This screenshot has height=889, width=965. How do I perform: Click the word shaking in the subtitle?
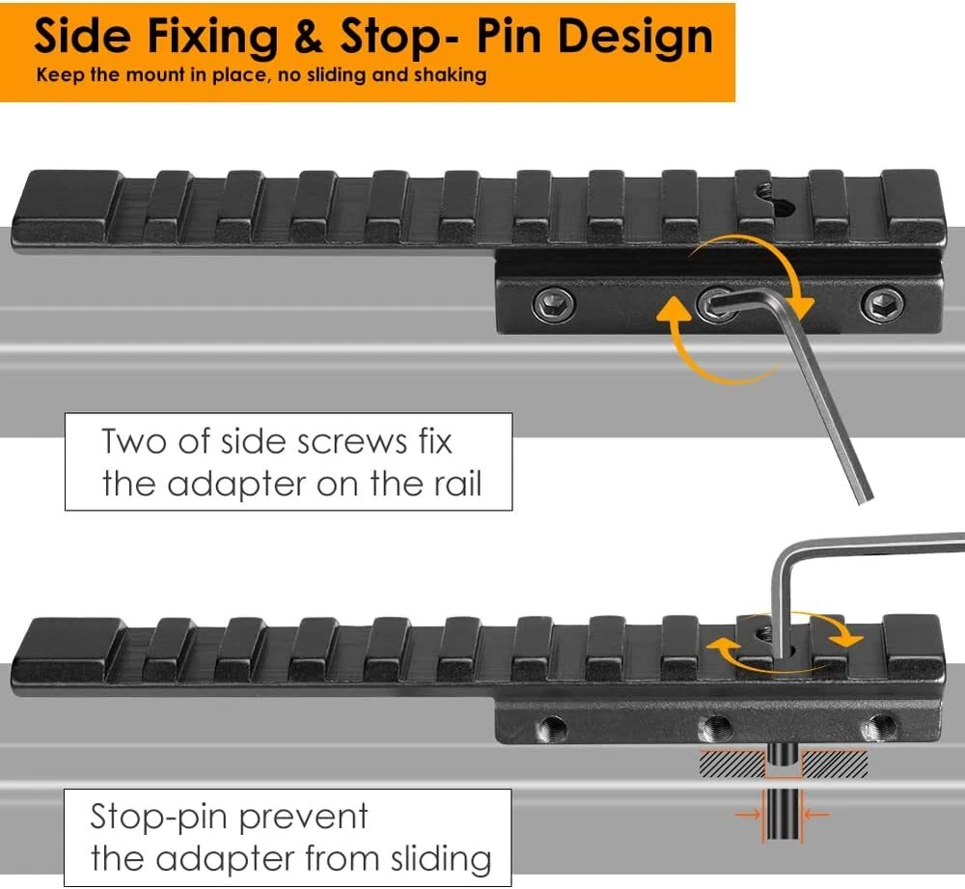click(450, 74)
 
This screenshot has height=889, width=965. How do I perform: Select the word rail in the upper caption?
click(450, 482)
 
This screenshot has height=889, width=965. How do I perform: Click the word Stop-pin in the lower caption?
click(159, 817)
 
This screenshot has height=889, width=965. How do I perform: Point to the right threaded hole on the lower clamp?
click(878, 727)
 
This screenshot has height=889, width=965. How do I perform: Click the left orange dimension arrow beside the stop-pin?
click(748, 815)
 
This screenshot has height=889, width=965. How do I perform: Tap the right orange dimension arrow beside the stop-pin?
click(815, 815)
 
